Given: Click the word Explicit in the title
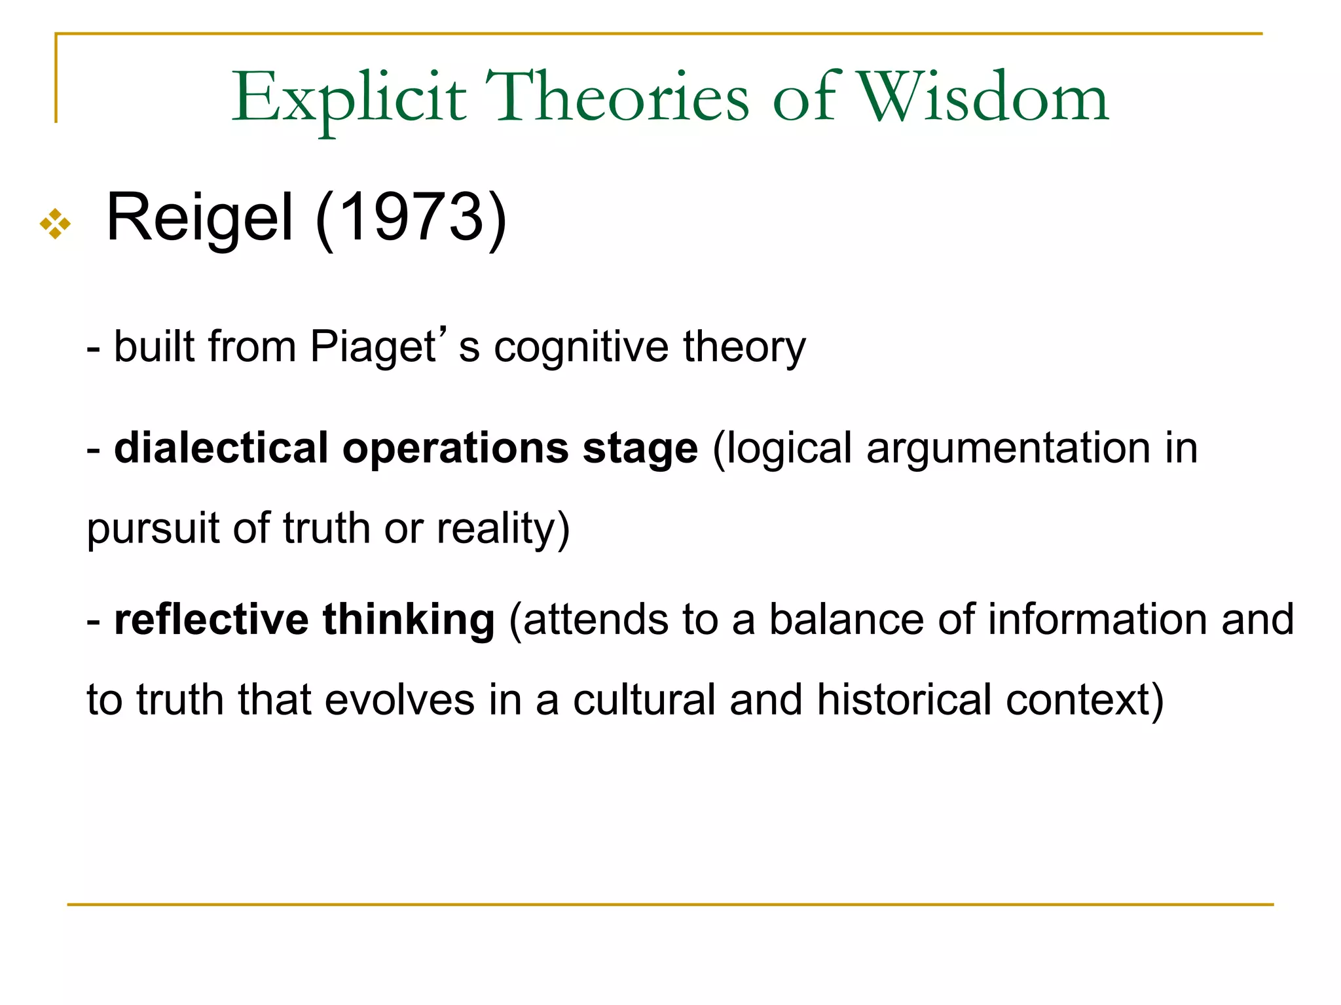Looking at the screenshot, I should click(x=349, y=98).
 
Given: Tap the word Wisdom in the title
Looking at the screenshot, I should click(x=983, y=98).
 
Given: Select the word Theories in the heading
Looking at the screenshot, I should click(x=616, y=98).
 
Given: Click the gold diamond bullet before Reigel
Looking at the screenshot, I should click(x=55, y=224).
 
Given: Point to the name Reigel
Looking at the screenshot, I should click(x=200, y=218).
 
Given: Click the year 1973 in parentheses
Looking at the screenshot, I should click(x=411, y=218).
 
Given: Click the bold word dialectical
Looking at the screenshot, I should click(x=221, y=449).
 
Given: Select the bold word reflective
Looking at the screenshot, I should click(x=211, y=620).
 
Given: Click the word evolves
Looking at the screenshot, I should click(x=399, y=700).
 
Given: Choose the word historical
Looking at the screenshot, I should click(x=904, y=700).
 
